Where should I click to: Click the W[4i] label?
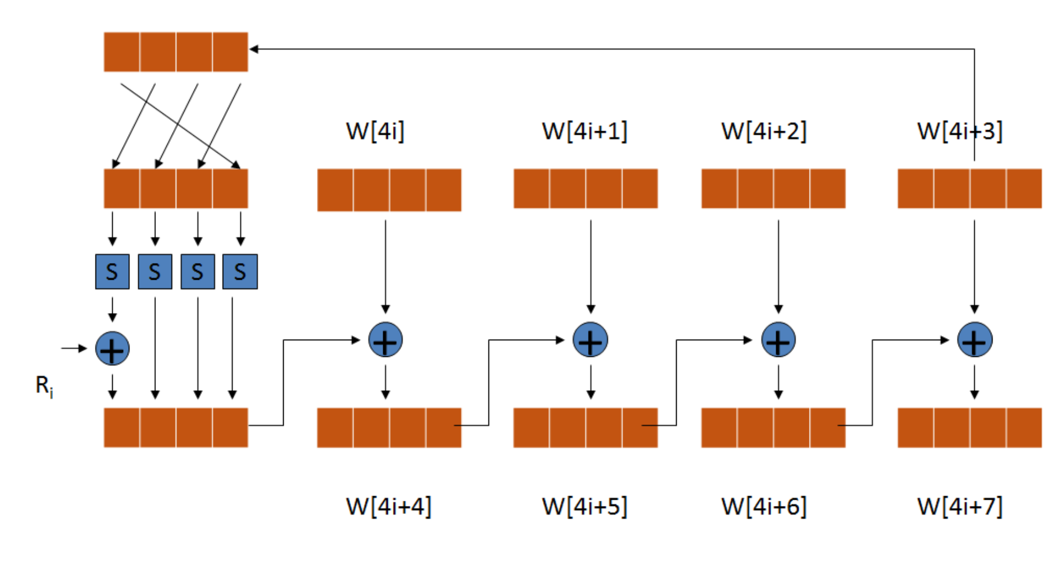pyautogui.click(x=375, y=131)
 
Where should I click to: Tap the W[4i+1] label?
pyautogui.click(x=585, y=131)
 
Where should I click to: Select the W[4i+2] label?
pyautogui.click(x=764, y=131)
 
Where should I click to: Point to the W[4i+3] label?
pyautogui.click(x=960, y=131)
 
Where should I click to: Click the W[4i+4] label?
pyautogui.click(x=388, y=507)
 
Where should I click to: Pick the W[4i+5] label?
pyautogui.click(x=585, y=507)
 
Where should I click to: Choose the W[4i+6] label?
pyautogui.click(x=764, y=507)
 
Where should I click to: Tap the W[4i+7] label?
pyautogui.click(x=960, y=507)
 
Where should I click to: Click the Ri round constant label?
pyautogui.click(x=44, y=386)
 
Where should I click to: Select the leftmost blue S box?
pyautogui.click(x=112, y=272)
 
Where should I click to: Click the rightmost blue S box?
pyautogui.click(x=240, y=272)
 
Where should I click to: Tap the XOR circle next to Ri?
pyautogui.click(x=112, y=349)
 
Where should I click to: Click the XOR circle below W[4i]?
pyautogui.click(x=386, y=340)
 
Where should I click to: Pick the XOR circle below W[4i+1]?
pyautogui.click(x=590, y=340)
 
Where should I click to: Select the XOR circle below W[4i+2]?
pyautogui.click(x=779, y=340)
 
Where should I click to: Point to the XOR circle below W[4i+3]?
pyautogui.click(x=975, y=340)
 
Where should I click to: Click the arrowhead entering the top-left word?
pyautogui.click(x=254, y=49)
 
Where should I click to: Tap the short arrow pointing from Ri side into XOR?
pyautogui.click(x=74, y=348)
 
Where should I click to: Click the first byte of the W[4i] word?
pyautogui.click(x=335, y=190)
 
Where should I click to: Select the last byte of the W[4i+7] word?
pyautogui.click(x=1024, y=428)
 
